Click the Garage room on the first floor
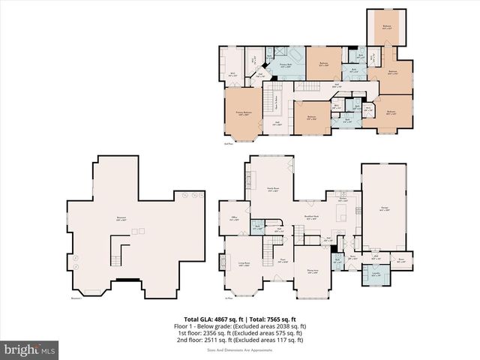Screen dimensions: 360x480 click(384, 211)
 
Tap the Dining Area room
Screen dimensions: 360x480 click(313, 273)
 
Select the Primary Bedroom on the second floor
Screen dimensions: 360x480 click(242, 115)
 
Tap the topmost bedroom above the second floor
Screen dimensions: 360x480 click(387, 26)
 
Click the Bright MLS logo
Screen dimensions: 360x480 click(30, 349)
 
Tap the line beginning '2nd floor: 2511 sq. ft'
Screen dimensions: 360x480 click(240, 340)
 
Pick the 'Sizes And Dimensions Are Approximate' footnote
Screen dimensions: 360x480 click(240, 349)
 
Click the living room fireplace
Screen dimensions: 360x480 click(222, 262)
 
